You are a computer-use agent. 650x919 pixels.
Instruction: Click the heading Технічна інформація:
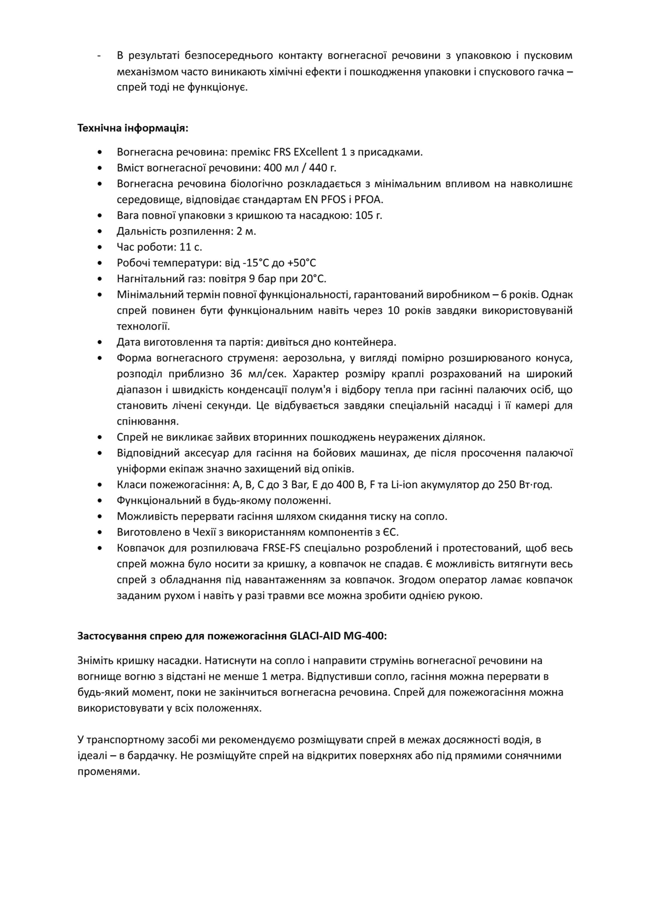pos(132,129)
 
